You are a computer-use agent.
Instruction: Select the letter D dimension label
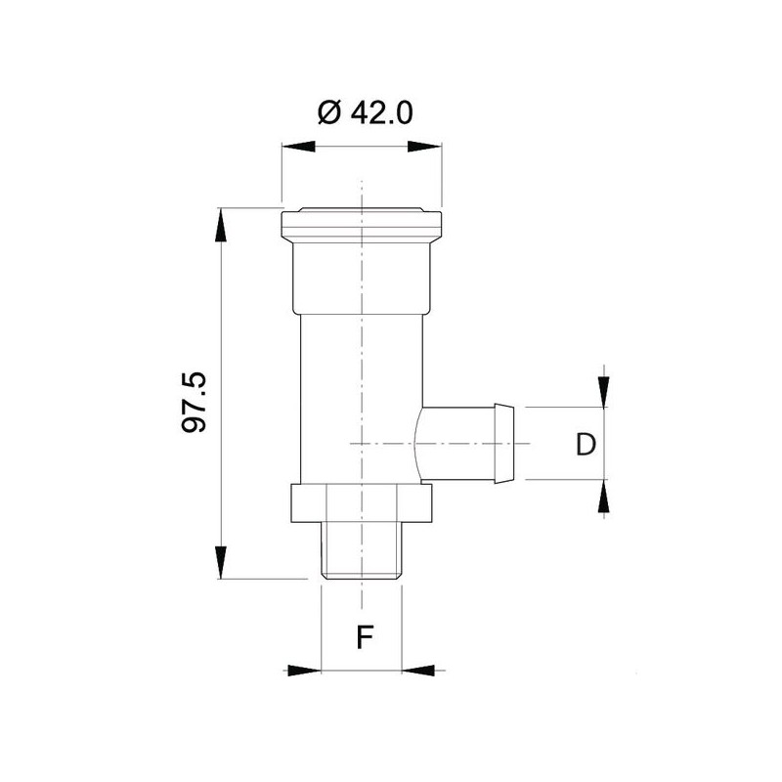click(x=586, y=446)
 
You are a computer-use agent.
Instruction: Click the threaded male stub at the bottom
click(x=363, y=552)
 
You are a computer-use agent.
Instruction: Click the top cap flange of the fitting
click(x=361, y=225)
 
